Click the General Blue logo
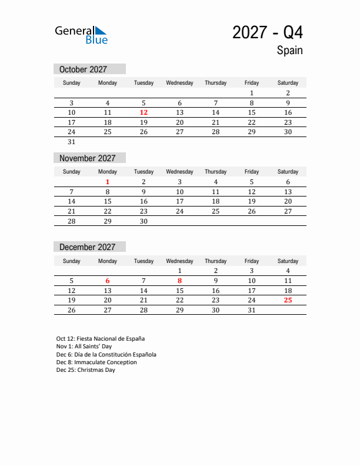(x=81, y=35)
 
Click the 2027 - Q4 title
(x=268, y=33)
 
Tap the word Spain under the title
(x=289, y=51)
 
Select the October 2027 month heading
(x=83, y=69)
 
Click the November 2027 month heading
(x=88, y=158)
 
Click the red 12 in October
(x=144, y=112)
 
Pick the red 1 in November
(x=108, y=182)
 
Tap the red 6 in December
(x=108, y=281)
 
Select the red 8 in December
(x=180, y=281)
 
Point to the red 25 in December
(x=288, y=300)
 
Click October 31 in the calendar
(x=72, y=142)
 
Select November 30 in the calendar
(x=144, y=221)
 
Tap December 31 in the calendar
(x=252, y=310)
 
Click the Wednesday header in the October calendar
(x=180, y=83)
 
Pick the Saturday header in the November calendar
(x=288, y=172)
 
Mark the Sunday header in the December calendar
(x=72, y=261)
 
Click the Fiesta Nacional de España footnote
(x=101, y=338)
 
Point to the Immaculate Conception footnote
(x=96, y=362)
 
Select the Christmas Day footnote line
(x=86, y=370)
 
